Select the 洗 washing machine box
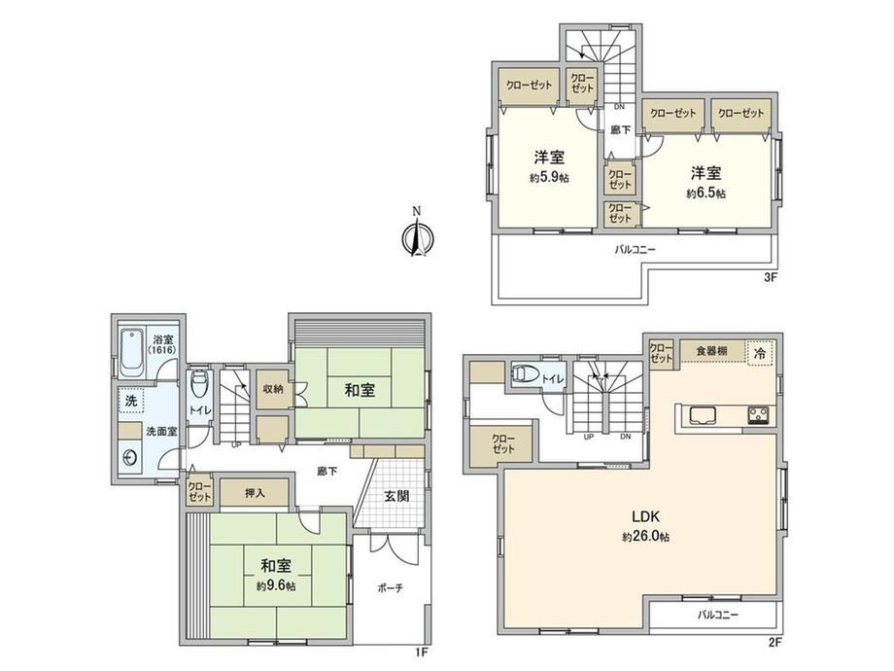pos(130,401)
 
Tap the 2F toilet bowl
pos(522,373)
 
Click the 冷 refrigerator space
pos(760,353)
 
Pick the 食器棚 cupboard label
pos(711,351)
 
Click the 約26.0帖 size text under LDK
pos(645,537)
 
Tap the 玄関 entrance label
pos(395,496)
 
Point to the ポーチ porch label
pos(391,587)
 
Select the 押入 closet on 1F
pos(255,492)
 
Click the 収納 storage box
pos(272,389)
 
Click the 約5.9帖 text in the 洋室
pos(549,178)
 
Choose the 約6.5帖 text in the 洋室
pos(705,194)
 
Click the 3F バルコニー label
pos(636,250)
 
